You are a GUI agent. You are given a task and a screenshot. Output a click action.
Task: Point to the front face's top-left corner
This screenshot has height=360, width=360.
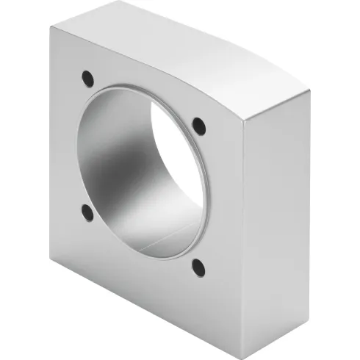(x=49, y=26)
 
